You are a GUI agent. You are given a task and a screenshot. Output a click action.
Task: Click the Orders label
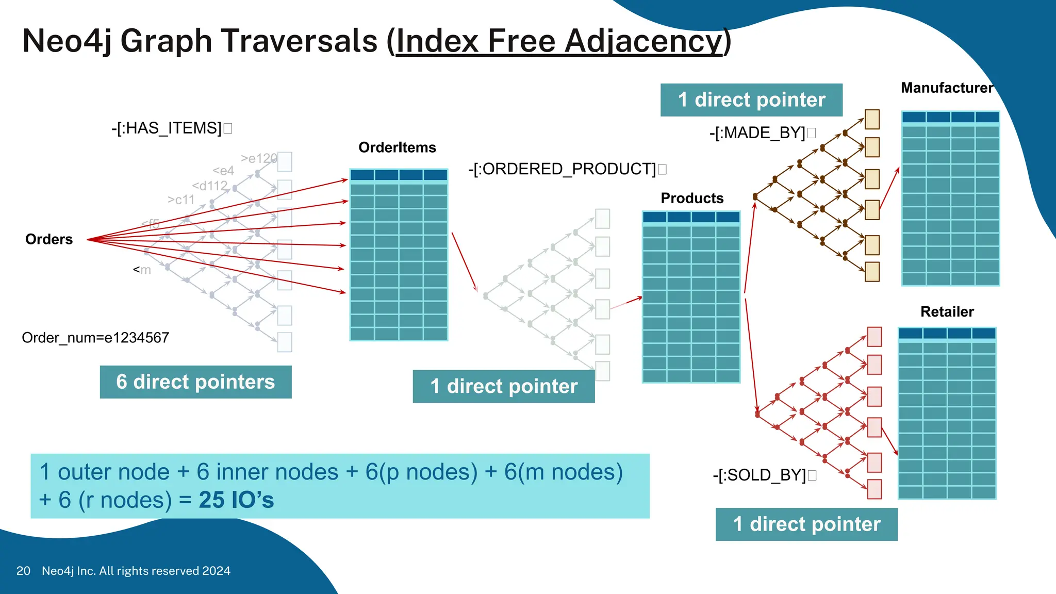pos(49,239)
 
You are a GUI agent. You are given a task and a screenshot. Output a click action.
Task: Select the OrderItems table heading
pos(397,147)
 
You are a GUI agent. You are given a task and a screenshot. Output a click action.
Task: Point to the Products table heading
pos(692,198)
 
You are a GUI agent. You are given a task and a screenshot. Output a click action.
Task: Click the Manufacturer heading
pos(947,88)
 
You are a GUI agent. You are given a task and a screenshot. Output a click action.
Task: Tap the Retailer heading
pos(947,311)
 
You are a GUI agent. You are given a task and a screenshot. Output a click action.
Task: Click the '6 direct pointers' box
pos(195,382)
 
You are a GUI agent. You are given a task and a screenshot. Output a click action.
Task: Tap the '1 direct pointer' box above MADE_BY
pos(751,100)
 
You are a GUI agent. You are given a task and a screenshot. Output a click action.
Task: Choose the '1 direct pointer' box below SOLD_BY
pos(806,524)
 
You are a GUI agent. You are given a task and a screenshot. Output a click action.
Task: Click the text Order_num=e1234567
pos(95,338)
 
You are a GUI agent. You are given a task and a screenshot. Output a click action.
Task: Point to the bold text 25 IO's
pos(236,500)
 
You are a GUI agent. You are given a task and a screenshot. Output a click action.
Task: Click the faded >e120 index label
pos(258,158)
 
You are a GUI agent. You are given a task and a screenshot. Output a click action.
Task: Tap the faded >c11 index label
pos(180,200)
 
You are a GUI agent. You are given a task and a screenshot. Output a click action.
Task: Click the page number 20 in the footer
pos(23,571)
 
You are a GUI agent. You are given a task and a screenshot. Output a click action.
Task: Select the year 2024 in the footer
pos(216,571)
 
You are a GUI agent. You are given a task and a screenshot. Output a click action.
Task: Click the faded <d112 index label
pos(209,186)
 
